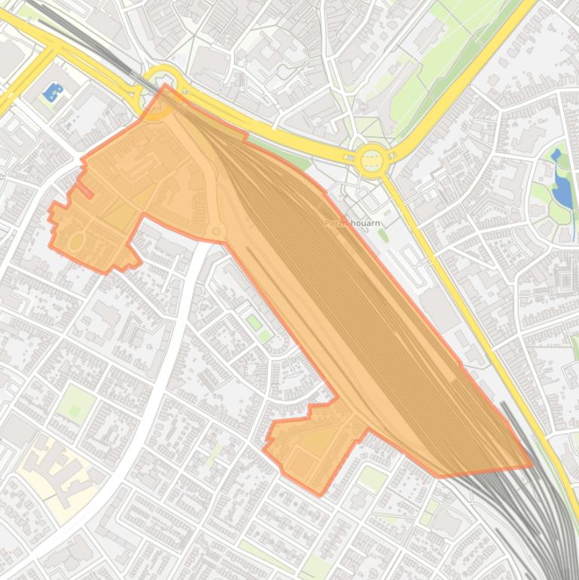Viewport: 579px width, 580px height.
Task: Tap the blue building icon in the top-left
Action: click(x=53, y=93)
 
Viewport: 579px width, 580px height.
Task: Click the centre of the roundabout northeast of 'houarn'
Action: click(x=371, y=159)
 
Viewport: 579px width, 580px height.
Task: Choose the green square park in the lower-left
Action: click(x=75, y=404)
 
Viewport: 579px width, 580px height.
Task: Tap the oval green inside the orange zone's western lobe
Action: click(x=76, y=242)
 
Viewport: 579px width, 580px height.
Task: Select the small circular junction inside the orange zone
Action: click(x=218, y=231)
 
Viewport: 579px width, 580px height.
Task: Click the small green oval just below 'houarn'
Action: click(x=383, y=237)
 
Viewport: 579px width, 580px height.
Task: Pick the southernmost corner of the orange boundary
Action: click(x=319, y=495)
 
